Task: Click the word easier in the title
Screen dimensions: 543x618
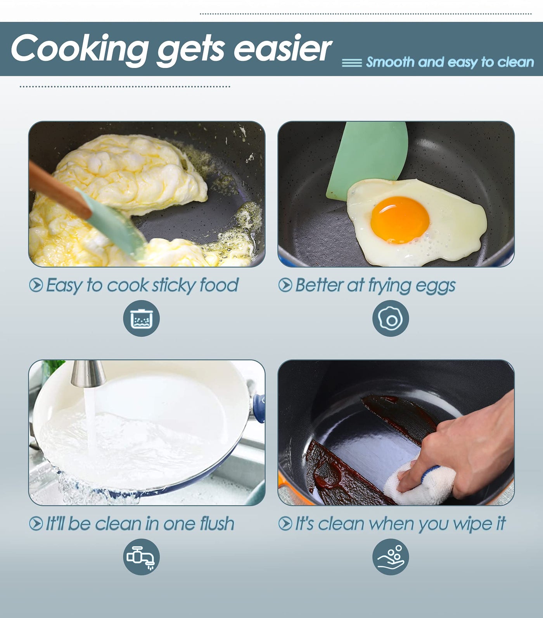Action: [283, 48]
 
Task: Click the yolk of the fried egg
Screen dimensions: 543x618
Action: [400, 219]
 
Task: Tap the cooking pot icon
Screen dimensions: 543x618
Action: [141, 319]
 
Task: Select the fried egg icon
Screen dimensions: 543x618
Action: [391, 319]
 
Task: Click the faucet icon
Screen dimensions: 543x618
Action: [141, 557]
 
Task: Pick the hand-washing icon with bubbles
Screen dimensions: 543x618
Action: [391, 557]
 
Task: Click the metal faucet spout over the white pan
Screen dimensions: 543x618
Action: [89, 373]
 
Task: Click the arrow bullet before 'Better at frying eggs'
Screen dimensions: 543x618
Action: [285, 285]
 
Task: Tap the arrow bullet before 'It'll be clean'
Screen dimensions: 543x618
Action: [36, 524]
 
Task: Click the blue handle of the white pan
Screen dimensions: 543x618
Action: [259, 408]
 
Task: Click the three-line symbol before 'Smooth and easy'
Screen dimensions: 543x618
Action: [352, 63]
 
